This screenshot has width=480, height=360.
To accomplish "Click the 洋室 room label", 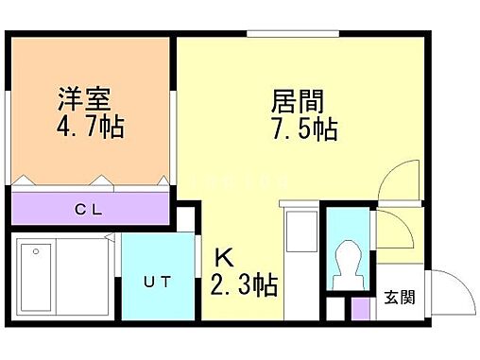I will click(x=84, y=98).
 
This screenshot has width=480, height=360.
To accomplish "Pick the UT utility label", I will click(x=157, y=281).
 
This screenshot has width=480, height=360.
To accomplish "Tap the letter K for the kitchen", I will click(x=224, y=258).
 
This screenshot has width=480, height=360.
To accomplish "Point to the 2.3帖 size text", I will click(x=244, y=285).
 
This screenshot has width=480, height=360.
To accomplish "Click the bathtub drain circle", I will click(x=35, y=251).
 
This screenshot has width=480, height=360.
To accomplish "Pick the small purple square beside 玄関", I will click(x=360, y=308).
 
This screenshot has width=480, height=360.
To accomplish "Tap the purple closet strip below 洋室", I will click(x=92, y=209).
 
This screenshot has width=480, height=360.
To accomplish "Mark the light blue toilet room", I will click(x=349, y=249).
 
